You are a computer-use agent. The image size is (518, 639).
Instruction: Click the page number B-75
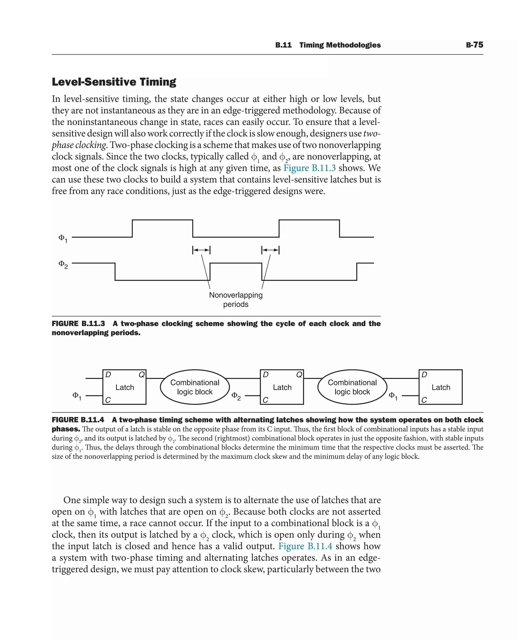click(474, 45)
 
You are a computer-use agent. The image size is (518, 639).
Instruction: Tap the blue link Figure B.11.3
click(309, 168)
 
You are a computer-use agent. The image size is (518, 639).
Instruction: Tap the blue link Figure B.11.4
click(305, 546)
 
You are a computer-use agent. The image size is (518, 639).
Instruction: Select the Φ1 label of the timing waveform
click(63, 239)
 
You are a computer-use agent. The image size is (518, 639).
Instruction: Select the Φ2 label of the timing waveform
click(63, 264)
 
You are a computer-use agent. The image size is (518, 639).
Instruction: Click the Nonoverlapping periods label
click(236, 299)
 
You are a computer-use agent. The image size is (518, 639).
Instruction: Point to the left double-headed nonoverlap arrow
click(201, 250)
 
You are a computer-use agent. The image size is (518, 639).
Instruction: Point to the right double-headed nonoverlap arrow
click(270, 250)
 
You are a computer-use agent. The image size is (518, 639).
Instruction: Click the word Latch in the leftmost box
click(125, 387)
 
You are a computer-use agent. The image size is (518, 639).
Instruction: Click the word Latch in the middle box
click(282, 387)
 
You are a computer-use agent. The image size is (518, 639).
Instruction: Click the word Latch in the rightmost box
click(441, 387)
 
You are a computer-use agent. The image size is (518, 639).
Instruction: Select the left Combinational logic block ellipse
click(195, 387)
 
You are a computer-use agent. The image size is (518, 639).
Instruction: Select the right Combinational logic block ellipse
click(352, 387)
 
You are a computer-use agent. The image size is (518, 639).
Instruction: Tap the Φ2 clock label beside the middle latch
click(236, 396)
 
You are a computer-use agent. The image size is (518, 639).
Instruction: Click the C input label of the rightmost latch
click(424, 400)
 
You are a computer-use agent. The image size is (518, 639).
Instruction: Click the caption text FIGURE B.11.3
click(78, 324)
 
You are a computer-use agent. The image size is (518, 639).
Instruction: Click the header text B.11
click(283, 45)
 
